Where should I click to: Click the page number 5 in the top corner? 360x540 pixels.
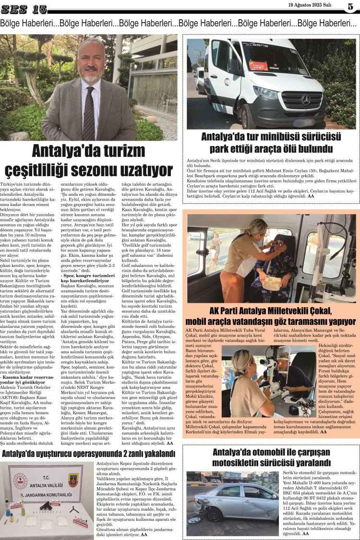click(x=350, y=7)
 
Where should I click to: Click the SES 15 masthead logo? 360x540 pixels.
click(x=24, y=9)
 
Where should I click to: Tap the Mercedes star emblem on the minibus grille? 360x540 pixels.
click(x=305, y=100)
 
